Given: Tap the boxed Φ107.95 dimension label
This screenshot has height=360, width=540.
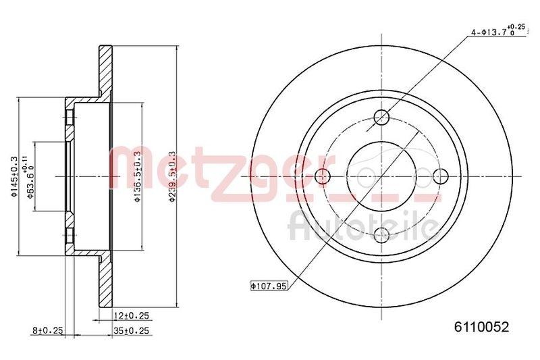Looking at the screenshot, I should (269, 286).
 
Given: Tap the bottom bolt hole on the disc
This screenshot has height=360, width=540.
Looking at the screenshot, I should (381, 236).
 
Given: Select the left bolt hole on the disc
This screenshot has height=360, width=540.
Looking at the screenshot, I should (322, 176).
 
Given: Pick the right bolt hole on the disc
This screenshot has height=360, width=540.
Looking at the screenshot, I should (440, 176).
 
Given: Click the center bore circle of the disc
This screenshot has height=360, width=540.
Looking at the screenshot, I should (381, 176).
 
